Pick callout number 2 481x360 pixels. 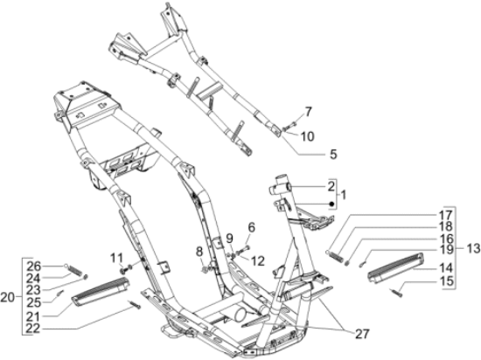coord(331,186)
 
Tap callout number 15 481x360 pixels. coord(445,281)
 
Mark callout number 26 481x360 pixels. coord(33,266)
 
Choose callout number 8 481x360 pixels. coord(199,252)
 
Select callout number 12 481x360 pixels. coord(256,261)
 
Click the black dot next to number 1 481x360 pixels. coord(331,202)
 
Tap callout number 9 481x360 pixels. coord(229,238)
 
